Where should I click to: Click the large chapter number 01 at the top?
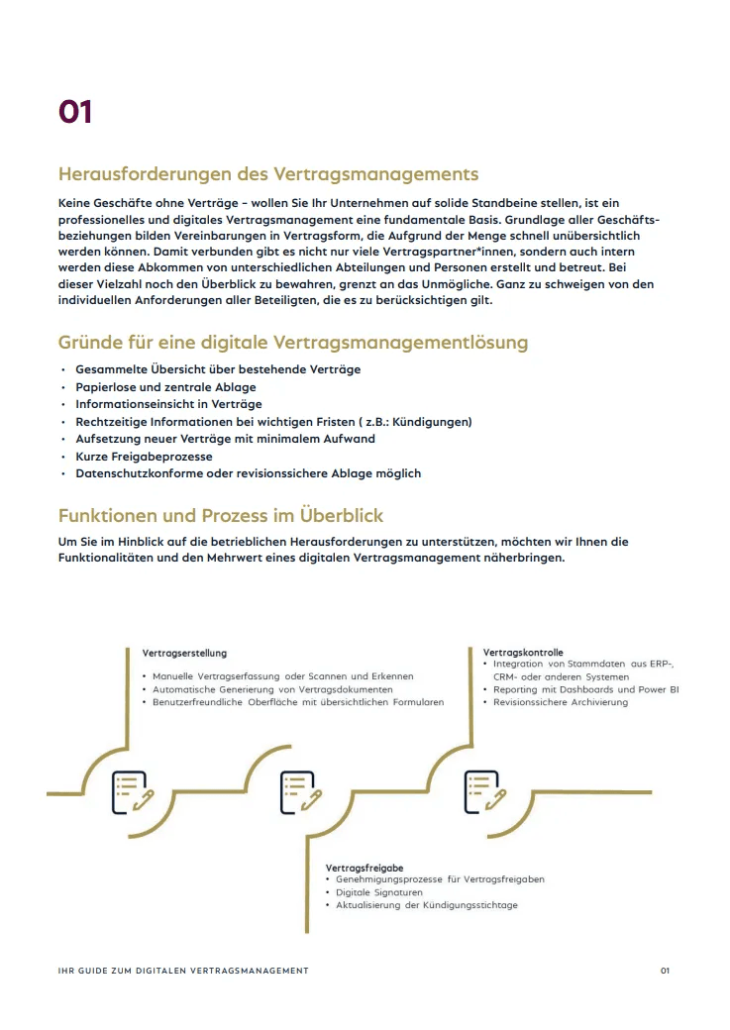point(75,112)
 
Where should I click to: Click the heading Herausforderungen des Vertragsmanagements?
point(267,174)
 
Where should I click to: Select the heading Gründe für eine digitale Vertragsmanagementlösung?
point(293,343)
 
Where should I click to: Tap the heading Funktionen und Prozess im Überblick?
point(220,516)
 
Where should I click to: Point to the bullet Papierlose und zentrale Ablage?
point(165,386)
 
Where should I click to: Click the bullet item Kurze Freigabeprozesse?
point(144,457)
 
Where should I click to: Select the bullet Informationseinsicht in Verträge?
point(168,404)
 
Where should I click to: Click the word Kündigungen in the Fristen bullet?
point(433,422)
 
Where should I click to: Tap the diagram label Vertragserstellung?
point(184,654)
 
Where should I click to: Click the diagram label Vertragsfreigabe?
point(365,869)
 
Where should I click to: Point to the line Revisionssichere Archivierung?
point(561,702)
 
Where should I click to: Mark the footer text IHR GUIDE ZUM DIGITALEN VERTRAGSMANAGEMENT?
point(183,971)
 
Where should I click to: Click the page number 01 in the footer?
point(666,971)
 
